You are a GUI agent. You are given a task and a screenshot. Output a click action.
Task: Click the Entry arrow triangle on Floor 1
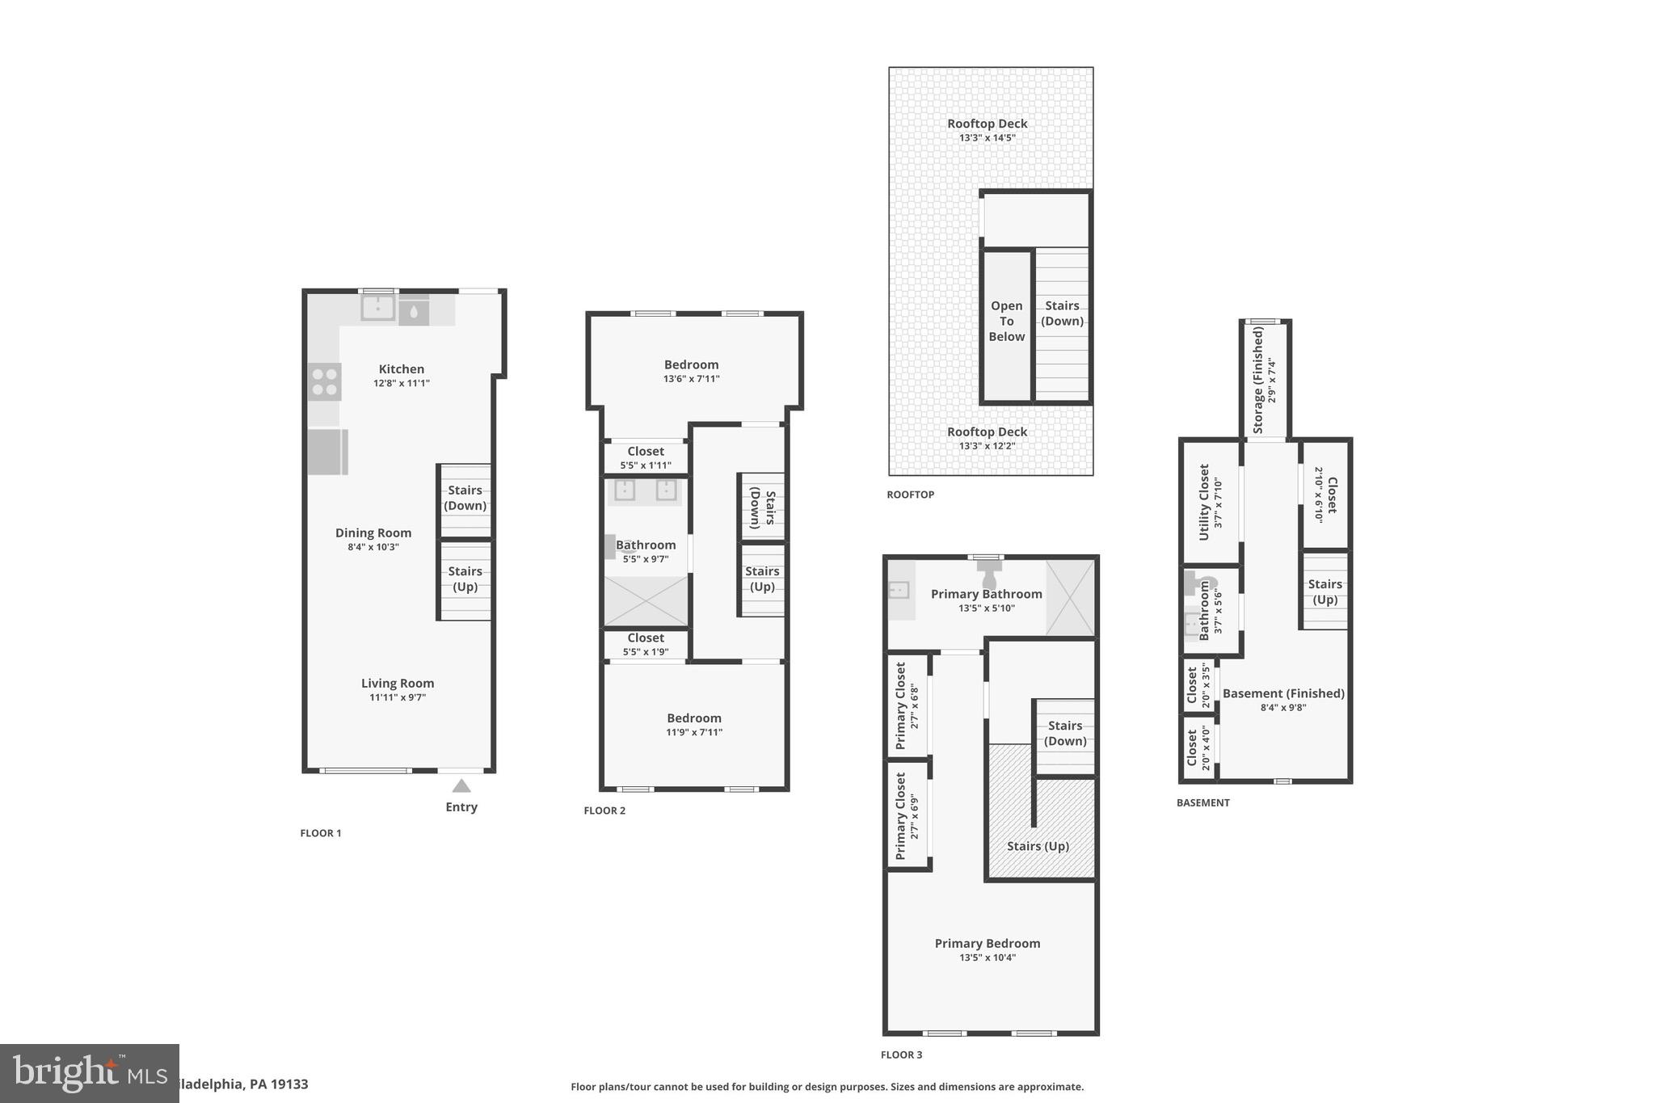pos(461,785)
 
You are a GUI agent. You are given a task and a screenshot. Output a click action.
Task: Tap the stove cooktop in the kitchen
pos(325,382)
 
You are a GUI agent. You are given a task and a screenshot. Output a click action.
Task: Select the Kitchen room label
pos(402,369)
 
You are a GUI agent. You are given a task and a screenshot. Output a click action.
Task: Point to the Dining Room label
pos(373,533)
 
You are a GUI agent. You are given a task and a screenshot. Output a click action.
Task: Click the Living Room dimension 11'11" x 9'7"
pos(398,697)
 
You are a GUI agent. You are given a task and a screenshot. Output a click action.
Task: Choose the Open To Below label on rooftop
pos(1007,322)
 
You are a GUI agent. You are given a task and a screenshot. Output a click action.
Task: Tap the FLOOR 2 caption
pos(604,810)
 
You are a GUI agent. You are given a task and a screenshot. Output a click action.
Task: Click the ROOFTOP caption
pos(910,495)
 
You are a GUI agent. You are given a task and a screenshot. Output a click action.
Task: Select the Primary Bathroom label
pos(987,594)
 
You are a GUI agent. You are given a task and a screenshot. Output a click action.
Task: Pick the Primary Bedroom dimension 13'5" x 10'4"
pos(987,958)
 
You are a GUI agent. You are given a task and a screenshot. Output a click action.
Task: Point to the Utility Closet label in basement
pos(1204,502)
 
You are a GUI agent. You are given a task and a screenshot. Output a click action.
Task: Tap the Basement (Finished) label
pos(1283,693)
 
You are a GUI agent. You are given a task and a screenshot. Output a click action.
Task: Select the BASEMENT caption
pos(1202,802)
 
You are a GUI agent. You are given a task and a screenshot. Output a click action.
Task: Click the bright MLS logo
pos(89,1073)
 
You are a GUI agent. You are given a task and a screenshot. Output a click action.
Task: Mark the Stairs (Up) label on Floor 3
pos(1038,846)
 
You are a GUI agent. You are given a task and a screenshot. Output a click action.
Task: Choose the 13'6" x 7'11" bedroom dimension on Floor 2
pos(692,379)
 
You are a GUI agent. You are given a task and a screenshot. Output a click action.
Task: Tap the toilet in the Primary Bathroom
pos(990,576)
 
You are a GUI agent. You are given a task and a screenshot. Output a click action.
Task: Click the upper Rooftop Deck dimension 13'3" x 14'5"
pos(988,138)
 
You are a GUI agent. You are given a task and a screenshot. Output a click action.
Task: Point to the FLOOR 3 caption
pos(901,1055)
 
